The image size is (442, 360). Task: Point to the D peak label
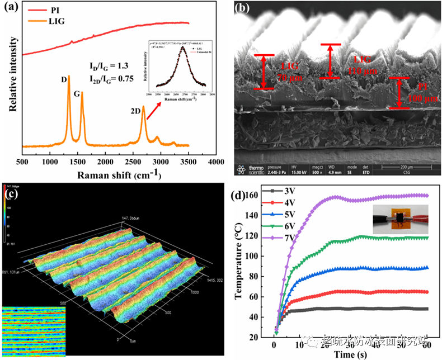click(64, 80)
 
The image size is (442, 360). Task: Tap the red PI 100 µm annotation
click(414, 92)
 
